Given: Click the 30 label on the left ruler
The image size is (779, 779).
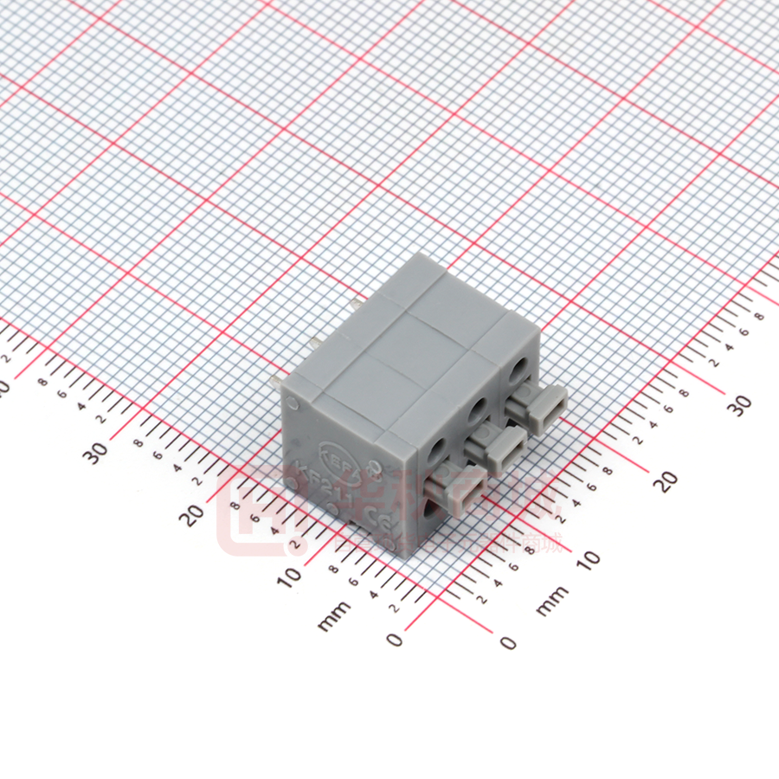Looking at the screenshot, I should pyautogui.click(x=97, y=450).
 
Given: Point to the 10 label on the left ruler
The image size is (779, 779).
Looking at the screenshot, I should pyautogui.click(x=292, y=574).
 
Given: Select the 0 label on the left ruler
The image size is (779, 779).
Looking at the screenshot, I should pyautogui.click(x=395, y=639).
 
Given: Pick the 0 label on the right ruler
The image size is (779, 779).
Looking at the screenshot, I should pyautogui.click(x=508, y=642).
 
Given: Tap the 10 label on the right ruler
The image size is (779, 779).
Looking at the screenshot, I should pyautogui.click(x=588, y=558).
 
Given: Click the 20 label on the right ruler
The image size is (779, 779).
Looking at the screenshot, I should pyautogui.click(x=665, y=480).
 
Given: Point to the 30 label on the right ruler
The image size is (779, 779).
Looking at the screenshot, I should pyautogui.click(x=741, y=403).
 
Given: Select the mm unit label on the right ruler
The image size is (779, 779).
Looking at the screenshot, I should pyautogui.click(x=551, y=600).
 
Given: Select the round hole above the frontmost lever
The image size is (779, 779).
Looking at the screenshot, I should pyautogui.click(x=435, y=449).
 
